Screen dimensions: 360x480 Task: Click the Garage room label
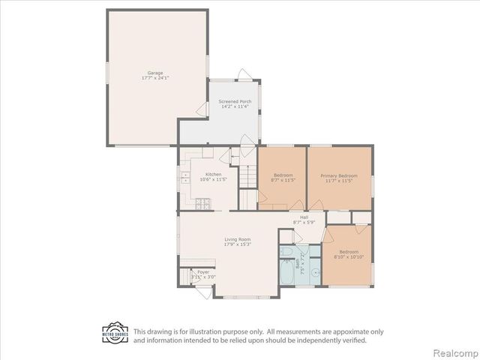(x=155, y=73)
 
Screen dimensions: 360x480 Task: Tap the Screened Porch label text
(x=235, y=101)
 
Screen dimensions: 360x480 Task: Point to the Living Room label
(x=237, y=239)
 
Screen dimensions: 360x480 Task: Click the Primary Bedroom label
(x=341, y=175)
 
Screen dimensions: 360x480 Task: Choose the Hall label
(x=304, y=217)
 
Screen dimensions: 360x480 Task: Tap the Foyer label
(x=203, y=271)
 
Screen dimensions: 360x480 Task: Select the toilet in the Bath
(x=286, y=251)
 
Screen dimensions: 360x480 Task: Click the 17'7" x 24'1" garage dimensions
(x=155, y=78)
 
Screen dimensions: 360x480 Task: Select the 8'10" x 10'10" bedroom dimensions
(x=349, y=256)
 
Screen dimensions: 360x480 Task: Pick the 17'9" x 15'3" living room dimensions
(x=237, y=244)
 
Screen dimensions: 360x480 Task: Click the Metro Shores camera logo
(x=115, y=333)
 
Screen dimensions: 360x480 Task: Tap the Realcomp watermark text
(x=455, y=352)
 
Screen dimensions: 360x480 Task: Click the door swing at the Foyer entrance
(x=203, y=292)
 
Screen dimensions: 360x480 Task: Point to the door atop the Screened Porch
(x=244, y=73)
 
